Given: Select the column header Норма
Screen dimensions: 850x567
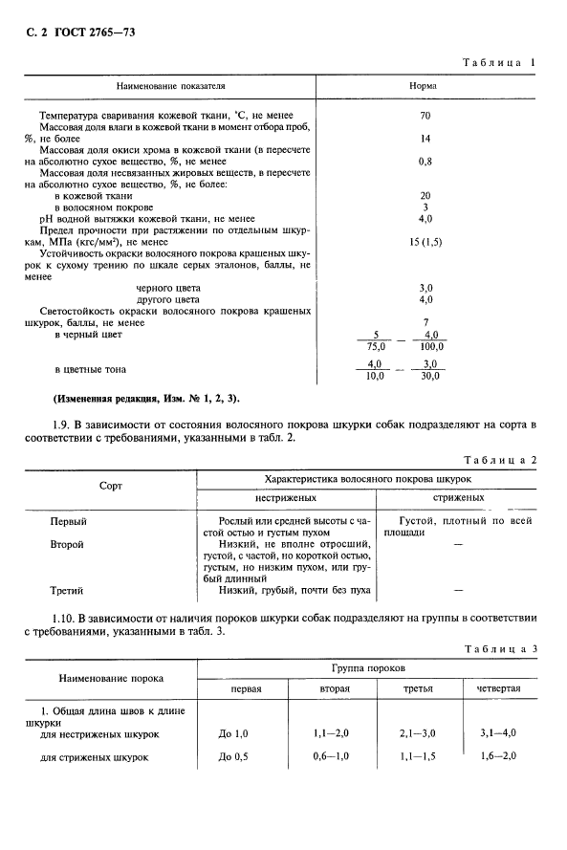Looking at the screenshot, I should [x=424, y=85].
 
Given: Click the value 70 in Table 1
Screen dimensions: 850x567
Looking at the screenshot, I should [x=425, y=116].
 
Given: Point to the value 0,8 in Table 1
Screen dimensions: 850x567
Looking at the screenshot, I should [x=425, y=162].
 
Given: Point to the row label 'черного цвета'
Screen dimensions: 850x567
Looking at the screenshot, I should [x=169, y=288].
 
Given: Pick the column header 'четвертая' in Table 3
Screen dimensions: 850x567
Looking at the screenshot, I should [x=499, y=688].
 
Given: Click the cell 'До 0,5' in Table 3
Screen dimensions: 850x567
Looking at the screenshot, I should [x=232, y=758].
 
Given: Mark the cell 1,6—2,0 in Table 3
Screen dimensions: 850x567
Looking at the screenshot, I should [x=499, y=758].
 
